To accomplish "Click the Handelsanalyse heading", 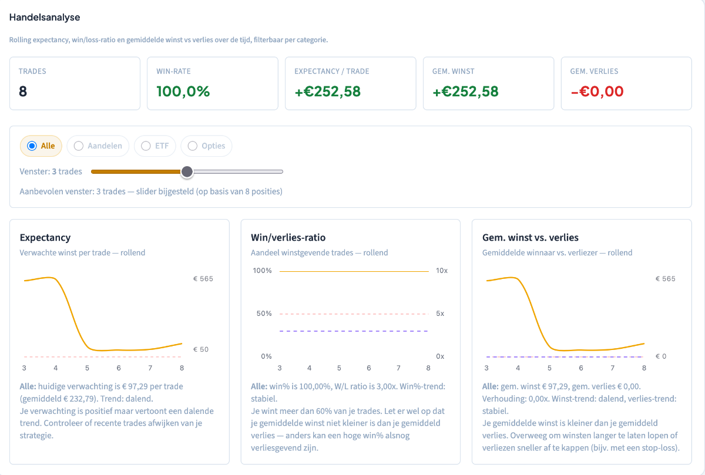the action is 45,17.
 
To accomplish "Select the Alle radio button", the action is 32,146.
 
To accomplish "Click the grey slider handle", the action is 187,172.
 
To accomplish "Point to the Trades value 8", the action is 23,92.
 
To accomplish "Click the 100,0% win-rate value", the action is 183,92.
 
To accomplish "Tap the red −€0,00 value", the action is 597,92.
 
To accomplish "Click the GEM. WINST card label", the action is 453,72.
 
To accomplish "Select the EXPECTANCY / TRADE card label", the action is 332,72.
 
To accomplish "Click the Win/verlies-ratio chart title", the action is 288,237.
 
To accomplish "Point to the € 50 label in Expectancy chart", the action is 201,349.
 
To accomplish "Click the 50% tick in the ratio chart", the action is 264,314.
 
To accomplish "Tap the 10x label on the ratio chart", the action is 442,271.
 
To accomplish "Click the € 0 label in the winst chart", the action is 661,356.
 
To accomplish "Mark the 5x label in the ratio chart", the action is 440,314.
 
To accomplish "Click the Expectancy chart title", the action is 45,237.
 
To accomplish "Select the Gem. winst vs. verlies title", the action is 531,237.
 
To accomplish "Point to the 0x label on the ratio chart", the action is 440,356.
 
